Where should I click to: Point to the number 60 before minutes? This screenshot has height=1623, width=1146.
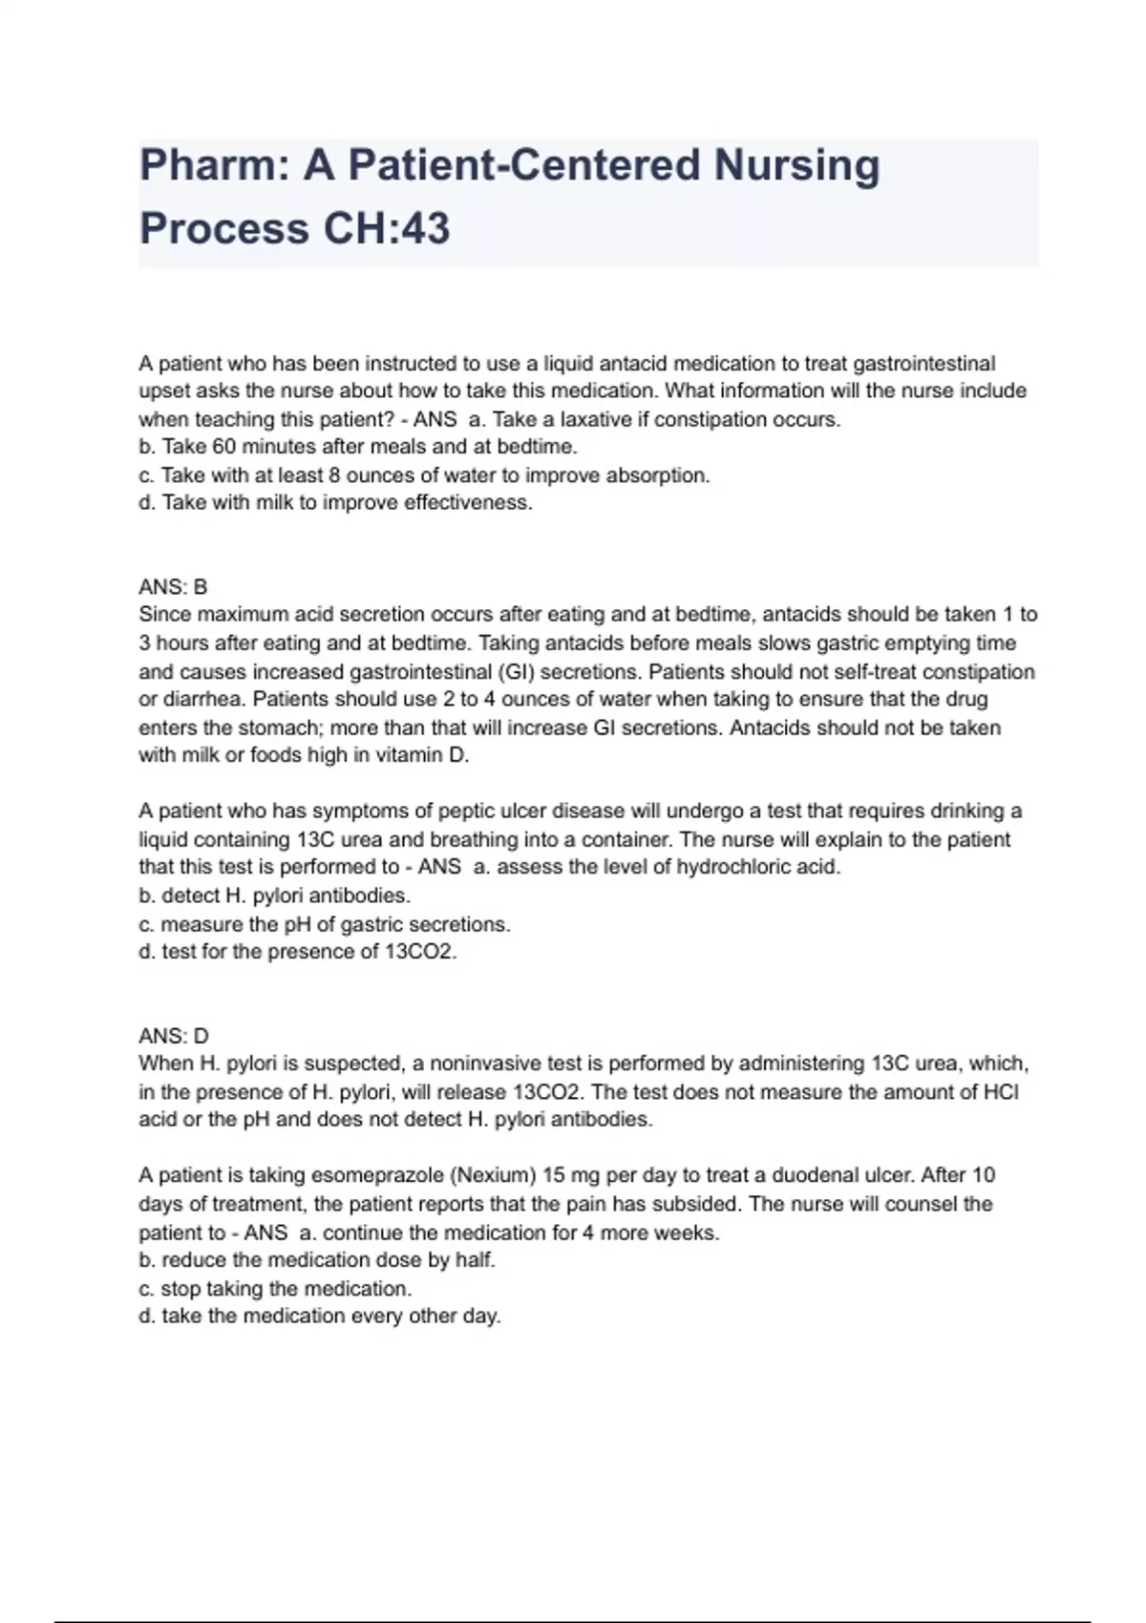click(223, 447)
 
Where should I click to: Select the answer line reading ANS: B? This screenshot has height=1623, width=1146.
click(173, 587)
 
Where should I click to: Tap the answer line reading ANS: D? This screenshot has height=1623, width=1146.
click(173, 1036)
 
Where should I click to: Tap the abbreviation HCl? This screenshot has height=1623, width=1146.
click(1001, 1092)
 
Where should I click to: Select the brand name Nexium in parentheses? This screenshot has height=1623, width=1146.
click(494, 1175)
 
